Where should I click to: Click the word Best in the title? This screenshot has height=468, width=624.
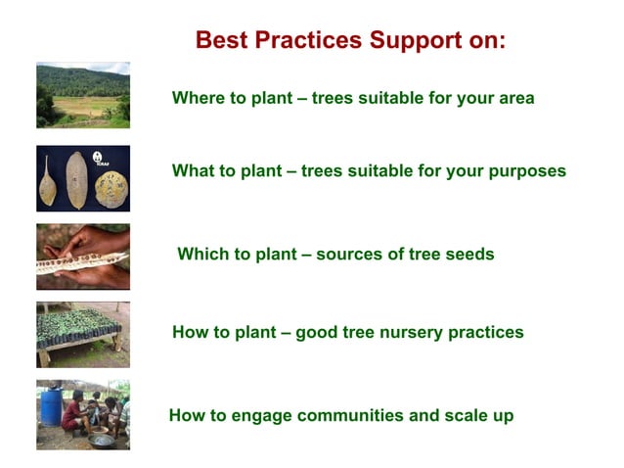point(219,41)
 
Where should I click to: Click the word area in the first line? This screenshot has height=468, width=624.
point(514,98)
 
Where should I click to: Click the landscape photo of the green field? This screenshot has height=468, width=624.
point(83,95)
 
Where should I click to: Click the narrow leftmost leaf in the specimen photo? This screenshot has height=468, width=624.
point(48,180)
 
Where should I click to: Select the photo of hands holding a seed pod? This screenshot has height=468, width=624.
point(83,257)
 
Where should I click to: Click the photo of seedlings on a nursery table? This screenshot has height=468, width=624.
point(83,333)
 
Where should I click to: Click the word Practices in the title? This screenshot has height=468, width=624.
point(306,41)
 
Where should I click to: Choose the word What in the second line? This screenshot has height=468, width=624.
point(193,171)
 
